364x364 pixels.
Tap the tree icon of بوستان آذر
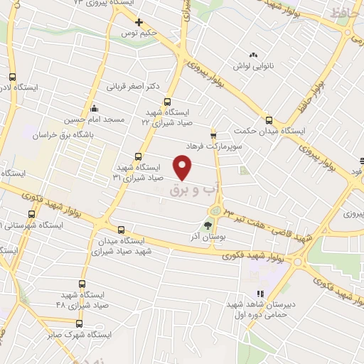point(208,226)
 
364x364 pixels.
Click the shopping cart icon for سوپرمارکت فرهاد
point(213,133)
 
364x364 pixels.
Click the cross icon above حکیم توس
point(140,21)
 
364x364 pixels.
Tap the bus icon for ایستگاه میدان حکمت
point(269,120)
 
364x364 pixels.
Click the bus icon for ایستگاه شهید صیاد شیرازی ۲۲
point(167,102)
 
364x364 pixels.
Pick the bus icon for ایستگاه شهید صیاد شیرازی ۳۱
point(138,157)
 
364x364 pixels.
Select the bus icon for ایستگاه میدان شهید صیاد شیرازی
point(121,230)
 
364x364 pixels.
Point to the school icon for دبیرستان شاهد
point(260,293)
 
